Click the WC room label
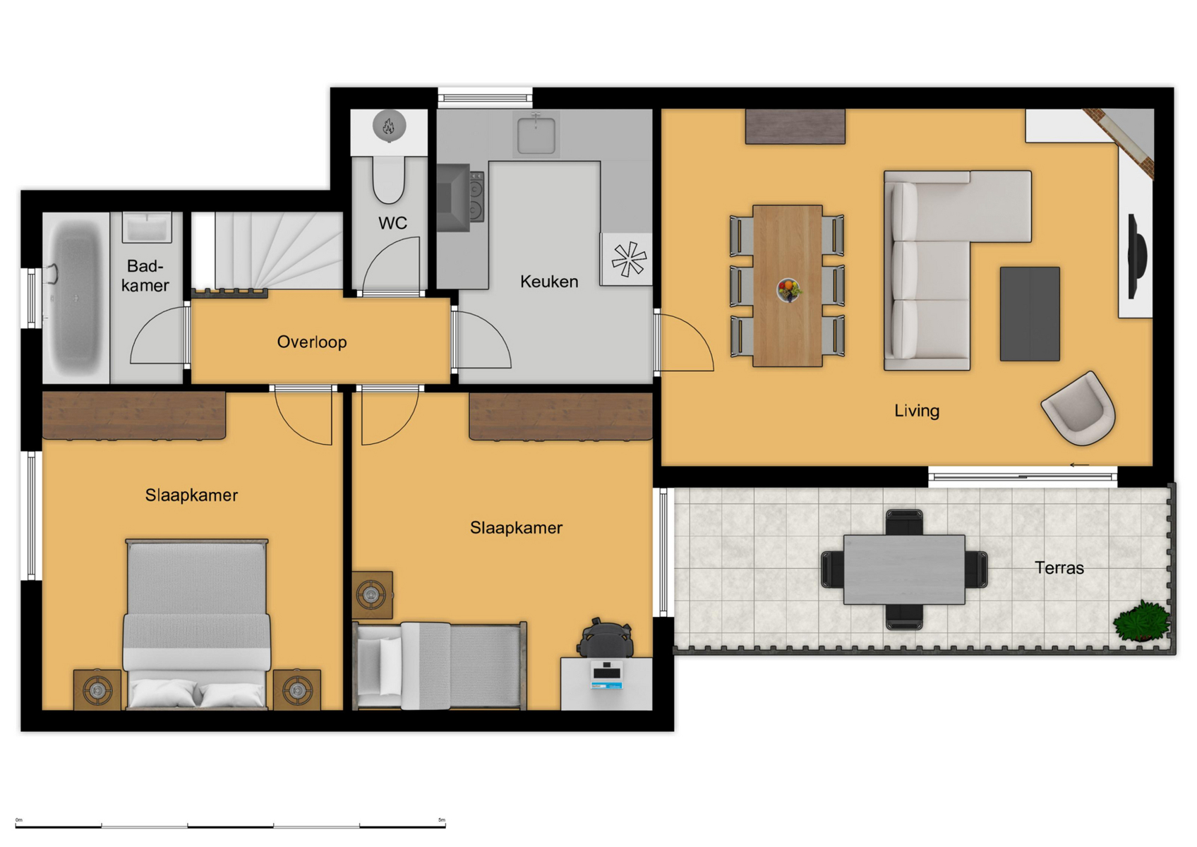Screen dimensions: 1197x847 (x=392, y=223)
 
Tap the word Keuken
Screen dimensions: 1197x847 (x=549, y=282)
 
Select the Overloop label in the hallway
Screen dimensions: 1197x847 (x=312, y=342)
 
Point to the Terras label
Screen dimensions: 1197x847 (x=1059, y=567)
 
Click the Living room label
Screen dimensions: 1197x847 (x=917, y=410)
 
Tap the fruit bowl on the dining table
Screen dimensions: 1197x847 (x=789, y=291)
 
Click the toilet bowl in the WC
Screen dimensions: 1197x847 (x=388, y=180)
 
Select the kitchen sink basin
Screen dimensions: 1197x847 (x=536, y=135)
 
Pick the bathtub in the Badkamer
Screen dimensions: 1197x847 (x=76, y=298)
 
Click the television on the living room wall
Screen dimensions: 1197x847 (x=1136, y=256)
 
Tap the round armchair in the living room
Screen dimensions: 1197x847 (x=1078, y=409)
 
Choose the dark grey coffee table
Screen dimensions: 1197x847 (x=1030, y=314)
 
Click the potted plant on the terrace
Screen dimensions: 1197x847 (x=1141, y=621)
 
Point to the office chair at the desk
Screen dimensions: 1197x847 (x=605, y=639)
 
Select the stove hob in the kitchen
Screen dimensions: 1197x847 (x=476, y=197)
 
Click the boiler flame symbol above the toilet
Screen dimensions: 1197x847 (x=389, y=126)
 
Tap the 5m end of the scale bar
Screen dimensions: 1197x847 (x=445, y=827)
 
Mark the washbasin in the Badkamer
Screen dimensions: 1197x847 (x=147, y=227)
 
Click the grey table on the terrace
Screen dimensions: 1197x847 (x=904, y=570)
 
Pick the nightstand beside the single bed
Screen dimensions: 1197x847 (x=373, y=594)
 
